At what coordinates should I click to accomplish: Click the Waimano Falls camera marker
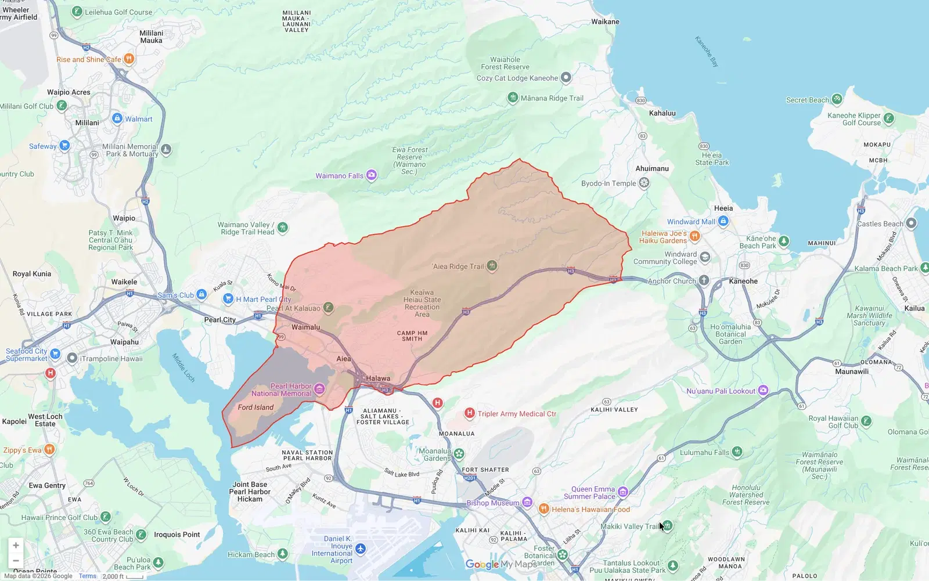[372, 175]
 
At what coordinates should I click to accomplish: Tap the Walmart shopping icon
[117, 118]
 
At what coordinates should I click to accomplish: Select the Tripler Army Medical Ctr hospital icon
[470, 413]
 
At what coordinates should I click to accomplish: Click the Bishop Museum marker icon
[527, 503]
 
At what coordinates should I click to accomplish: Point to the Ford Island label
[255, 407]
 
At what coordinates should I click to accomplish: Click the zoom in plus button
[16, 545]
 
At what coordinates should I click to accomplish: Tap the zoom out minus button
[16, 561]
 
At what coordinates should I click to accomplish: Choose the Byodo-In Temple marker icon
[644, 183]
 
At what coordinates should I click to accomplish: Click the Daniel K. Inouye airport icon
[361, 549]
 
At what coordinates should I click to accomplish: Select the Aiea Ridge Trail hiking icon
[492, 266]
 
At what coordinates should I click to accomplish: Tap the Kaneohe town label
[743, 281]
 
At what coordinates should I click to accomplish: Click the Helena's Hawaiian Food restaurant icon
[544, 509]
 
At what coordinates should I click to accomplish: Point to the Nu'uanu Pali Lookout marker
[764, 391]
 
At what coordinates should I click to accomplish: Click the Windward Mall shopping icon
[723, 221]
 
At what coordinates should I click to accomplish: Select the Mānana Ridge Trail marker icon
[513, 98]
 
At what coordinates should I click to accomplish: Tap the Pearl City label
[220, 320]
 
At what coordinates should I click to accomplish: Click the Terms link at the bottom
[88, 576]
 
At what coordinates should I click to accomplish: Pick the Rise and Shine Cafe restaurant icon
[129, 59]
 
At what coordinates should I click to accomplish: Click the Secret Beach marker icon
[837, 99]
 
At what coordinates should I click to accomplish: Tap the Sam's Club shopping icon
[201, 295]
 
